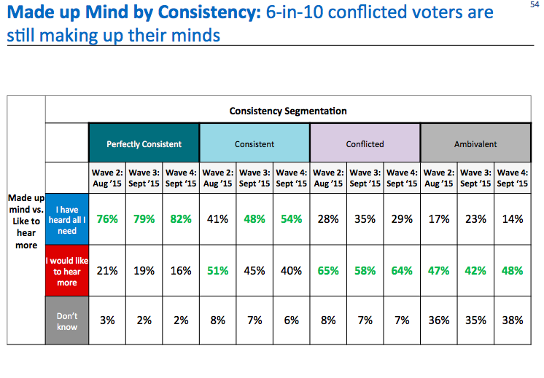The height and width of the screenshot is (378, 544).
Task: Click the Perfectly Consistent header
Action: click(144, 144)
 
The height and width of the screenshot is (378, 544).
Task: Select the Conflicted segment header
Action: click(365, 144)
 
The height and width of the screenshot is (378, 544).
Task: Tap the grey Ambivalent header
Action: click(475, 144)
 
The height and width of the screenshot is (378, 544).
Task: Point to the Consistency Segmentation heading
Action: click(288, 111)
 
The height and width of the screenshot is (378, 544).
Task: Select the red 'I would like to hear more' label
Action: click(67, 271)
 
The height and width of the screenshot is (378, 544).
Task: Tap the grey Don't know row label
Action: click(67, 321)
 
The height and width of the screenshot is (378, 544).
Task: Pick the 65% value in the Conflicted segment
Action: click(327, 271)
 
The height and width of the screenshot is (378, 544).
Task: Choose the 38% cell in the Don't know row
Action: click(512, 321)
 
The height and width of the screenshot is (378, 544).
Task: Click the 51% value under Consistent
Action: click(217, 271)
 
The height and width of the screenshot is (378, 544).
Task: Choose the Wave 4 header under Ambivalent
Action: click(512, 178)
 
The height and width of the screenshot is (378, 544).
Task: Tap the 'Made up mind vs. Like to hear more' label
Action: click(26, 221)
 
